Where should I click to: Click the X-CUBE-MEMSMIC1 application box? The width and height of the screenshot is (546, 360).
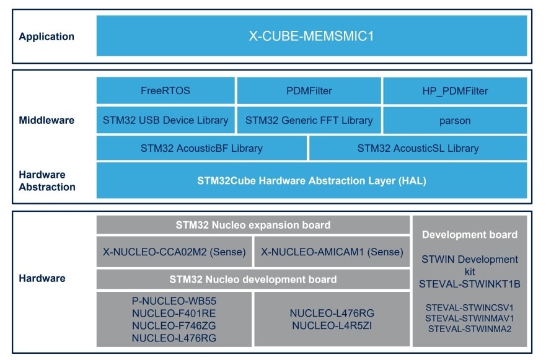click(311, 36)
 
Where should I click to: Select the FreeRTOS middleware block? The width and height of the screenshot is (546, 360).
click(165, 91)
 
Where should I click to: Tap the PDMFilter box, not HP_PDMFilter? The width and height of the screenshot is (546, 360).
click(309, 91)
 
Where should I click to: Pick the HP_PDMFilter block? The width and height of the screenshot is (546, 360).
click(455, 91)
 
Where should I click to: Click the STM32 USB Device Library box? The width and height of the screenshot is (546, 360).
click(165, 120)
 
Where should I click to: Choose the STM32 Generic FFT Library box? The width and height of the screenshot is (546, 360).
click(309, 120)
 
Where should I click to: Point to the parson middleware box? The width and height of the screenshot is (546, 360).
click(455, 120)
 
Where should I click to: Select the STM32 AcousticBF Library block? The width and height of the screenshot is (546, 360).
click(201, 149)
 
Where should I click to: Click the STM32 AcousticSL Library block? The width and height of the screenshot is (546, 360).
click(418, 149)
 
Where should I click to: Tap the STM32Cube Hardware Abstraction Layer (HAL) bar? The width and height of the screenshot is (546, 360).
click(311, 181)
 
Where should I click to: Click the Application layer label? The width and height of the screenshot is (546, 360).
click(46, 37)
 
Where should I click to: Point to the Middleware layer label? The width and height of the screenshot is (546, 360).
click(46, 120)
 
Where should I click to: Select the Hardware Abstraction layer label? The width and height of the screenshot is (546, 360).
click(46, 180)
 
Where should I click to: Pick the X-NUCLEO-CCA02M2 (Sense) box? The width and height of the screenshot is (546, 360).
click(174, 252)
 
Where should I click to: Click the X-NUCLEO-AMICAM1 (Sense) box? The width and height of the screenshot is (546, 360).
click(332, 252)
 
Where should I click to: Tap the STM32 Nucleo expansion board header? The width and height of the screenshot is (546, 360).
click(253, 225)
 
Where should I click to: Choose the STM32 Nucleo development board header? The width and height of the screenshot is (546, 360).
click(253, 279)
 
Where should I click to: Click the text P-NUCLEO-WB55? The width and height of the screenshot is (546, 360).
click(174, 301)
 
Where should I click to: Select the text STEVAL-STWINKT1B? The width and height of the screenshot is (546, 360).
click(470, 284)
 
